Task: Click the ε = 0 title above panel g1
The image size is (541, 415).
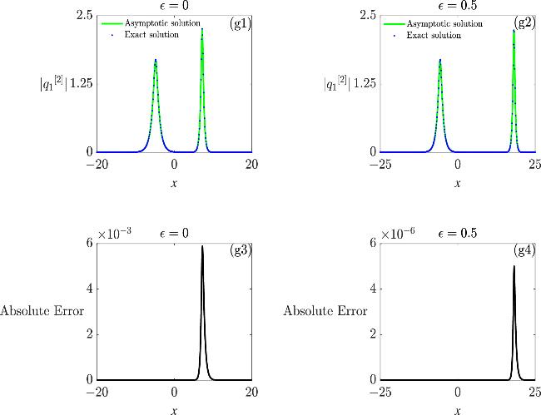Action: coord(174,6)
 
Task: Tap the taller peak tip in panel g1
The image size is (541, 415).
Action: coord(202,30)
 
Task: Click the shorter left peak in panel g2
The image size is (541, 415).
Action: coord(439,61)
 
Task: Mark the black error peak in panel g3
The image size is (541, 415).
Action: coord(202,247)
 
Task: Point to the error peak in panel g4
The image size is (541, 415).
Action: coord(514,267)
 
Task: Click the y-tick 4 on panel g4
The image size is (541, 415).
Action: coord(374,289)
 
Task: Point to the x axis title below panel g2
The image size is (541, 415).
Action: coord(459,182)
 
